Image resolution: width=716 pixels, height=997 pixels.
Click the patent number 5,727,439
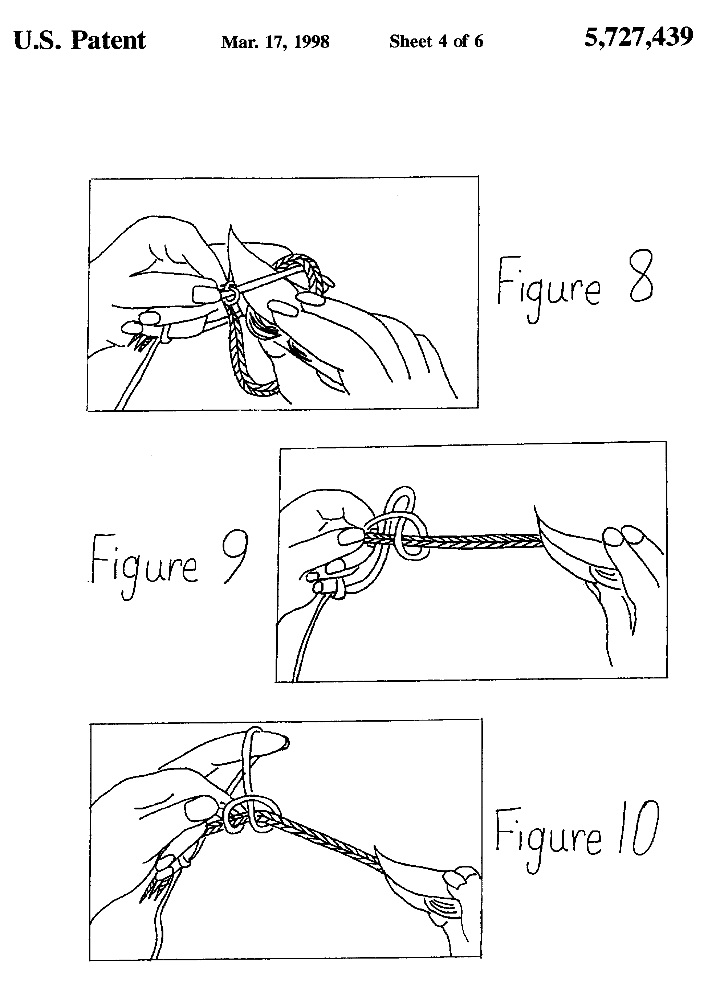tap(638, 38)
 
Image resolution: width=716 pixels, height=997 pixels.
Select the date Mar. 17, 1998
tap(275, 42)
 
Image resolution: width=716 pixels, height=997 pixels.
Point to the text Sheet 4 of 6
tap(436, 41)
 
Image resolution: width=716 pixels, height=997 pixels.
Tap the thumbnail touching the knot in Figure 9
tap(350, 536)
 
